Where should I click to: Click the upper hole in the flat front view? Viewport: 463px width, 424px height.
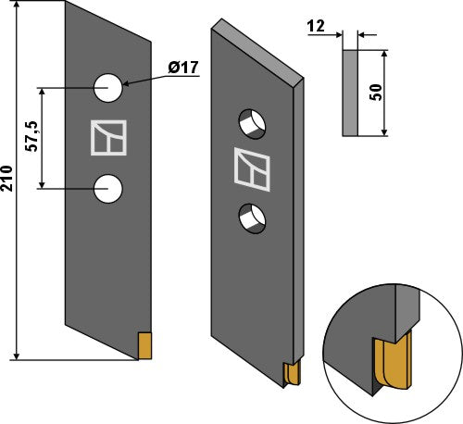click(108, 89)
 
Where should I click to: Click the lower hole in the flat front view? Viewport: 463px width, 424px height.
click(108, 189)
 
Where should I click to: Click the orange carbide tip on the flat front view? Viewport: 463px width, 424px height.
click(144, 345)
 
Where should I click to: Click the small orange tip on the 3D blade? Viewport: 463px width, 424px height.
click(292, 373)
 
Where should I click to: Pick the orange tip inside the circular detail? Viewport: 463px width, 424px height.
click(392, 364)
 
